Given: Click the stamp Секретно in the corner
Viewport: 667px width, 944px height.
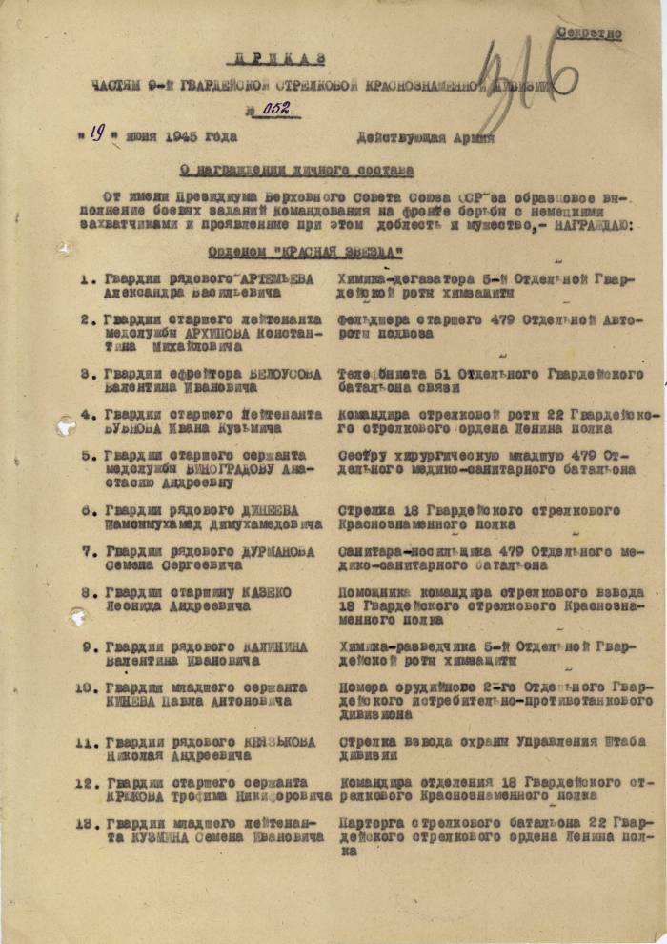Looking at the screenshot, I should [588, 33].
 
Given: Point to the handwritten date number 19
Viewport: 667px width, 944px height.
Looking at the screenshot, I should [96, 134].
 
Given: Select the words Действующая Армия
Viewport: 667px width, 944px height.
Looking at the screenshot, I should [425, 137].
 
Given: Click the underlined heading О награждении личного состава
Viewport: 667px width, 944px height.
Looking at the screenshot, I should [296, 171].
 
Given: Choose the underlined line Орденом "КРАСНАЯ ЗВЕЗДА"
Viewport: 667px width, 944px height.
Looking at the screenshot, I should [305, 253].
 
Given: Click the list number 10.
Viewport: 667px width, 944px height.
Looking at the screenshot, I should [88, 687].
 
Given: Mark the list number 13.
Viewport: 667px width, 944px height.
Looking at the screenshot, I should [88, 823].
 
